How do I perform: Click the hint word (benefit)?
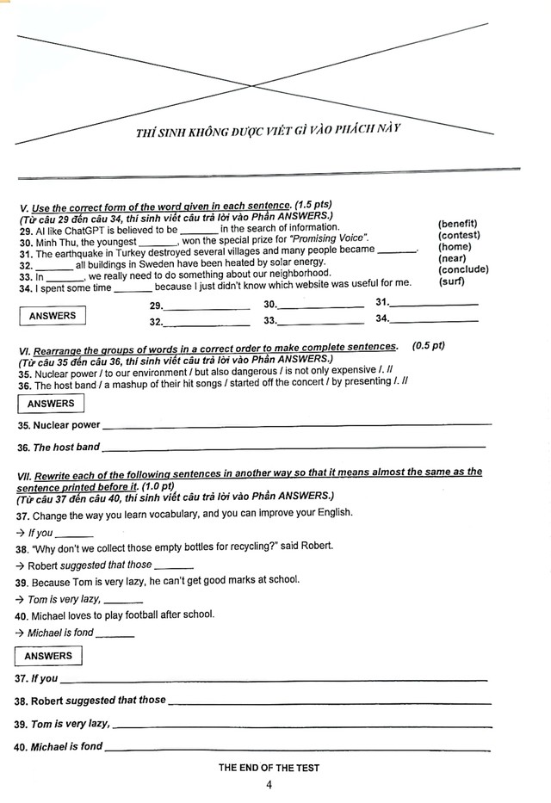coord(457,225)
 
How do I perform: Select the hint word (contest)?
coord(458,236)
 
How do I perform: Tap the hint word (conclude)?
coord(462,269)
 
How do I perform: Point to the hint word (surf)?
coord(451,281)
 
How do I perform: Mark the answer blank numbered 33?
coord(320,322)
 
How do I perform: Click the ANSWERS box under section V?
coord(53,316)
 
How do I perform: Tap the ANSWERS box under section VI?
coord(51,404)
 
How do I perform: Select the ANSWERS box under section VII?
coord(49,657)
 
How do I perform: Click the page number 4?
coord(269,785)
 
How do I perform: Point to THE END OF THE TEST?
coord(269,768)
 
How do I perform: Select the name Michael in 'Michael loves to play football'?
coord(52,615)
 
